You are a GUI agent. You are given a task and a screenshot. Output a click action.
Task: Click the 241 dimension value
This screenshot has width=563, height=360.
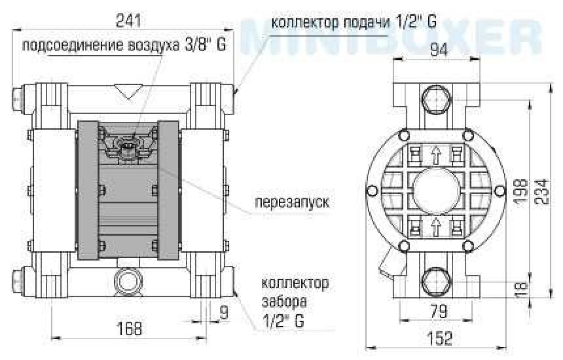[x=128, y=21]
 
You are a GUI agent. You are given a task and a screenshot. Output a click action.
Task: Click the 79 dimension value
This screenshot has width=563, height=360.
[x=439, y=311]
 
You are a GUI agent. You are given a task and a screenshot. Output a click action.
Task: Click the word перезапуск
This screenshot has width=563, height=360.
[x=292, y=202]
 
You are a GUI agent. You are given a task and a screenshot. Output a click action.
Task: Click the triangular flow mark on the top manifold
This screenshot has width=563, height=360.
[x=129, y=91]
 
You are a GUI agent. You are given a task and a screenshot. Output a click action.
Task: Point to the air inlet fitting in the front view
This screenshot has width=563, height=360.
[x=129, y=148]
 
